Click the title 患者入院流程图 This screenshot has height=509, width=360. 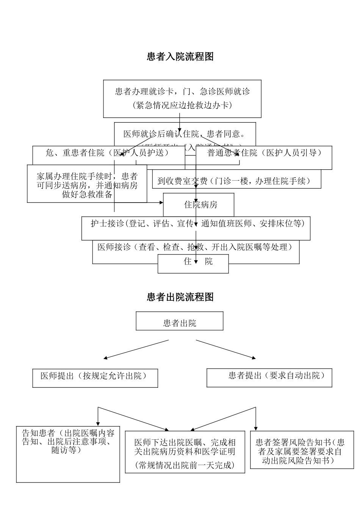[x=180, y=57]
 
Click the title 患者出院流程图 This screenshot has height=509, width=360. [x=180, y=297]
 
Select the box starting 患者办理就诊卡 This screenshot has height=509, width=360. [x=182, y=98]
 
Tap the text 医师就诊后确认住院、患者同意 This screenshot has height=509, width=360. [x=184, y=134]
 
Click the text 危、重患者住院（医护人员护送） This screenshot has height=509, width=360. [x=107, y=153]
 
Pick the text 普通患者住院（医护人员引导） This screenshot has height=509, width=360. [x=265, y=153]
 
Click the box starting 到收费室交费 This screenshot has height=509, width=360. [x=236, y=181]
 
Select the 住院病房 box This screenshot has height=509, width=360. [x=200, y=205]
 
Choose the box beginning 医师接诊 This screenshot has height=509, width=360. [x=196, y=247]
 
